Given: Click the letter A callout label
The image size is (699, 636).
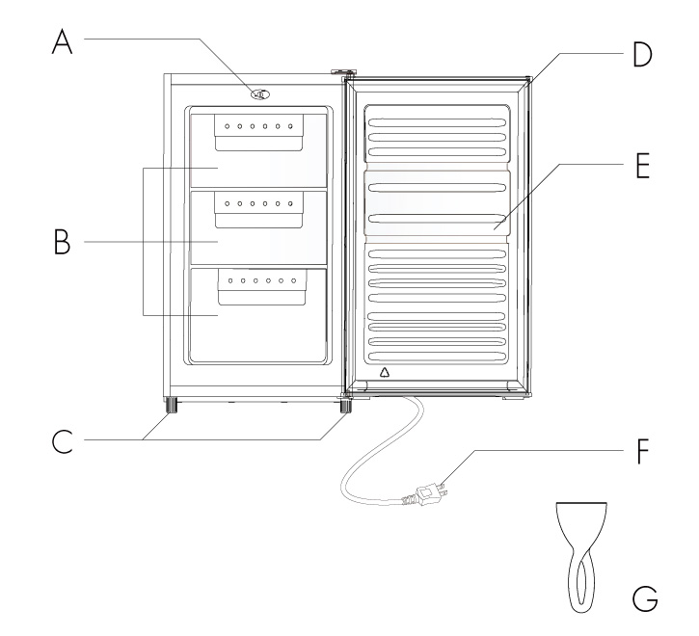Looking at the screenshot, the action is tap(62, 41).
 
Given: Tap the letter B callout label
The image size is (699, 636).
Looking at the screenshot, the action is tap(62, 242).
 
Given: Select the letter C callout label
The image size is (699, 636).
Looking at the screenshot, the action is tap(62, 441).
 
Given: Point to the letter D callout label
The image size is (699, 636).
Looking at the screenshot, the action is tap(643, 55).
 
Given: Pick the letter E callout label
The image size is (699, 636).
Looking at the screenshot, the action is tap(643, 166).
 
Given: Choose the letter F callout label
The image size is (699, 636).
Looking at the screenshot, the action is tap(642, 451).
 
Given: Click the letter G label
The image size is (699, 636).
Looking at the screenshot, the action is tap(645, 598).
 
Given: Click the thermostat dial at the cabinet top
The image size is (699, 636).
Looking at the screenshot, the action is tap(260, 94).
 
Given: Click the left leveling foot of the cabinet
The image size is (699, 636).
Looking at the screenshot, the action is tap(172, 405).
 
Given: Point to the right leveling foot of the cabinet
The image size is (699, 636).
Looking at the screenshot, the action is tap(345, 405).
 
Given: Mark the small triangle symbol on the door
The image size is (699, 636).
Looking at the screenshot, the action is tap(385, 372).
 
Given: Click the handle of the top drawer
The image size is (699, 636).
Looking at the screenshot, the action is tap(258, 132).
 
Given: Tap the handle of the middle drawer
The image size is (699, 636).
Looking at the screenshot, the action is tap(258, 210).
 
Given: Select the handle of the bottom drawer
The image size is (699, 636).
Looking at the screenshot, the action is tap(262, 287).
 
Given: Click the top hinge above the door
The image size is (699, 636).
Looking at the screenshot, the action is tap(343, 71).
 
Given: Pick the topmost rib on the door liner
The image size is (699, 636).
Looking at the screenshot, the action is tap(437, 123).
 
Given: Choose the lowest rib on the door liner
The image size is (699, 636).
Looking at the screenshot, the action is tap(437, 357).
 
